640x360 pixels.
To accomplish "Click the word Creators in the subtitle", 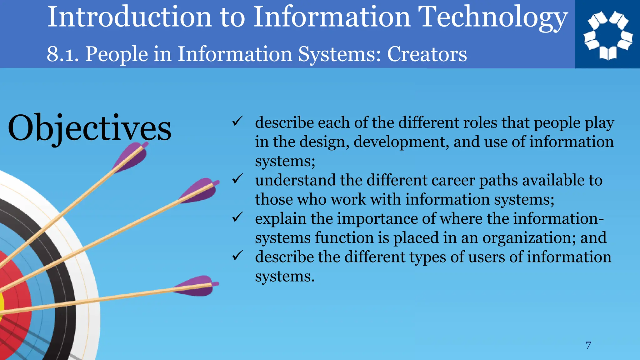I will [427, 54].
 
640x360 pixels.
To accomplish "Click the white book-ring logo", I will [608, 35].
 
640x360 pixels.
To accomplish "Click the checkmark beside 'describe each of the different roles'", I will [237, 121].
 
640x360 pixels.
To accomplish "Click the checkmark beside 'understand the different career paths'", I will [237, 179].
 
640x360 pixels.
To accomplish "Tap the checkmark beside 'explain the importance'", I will [237, 217].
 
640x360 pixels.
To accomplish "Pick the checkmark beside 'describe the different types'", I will [237, 256].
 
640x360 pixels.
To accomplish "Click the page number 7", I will [588, 346].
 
